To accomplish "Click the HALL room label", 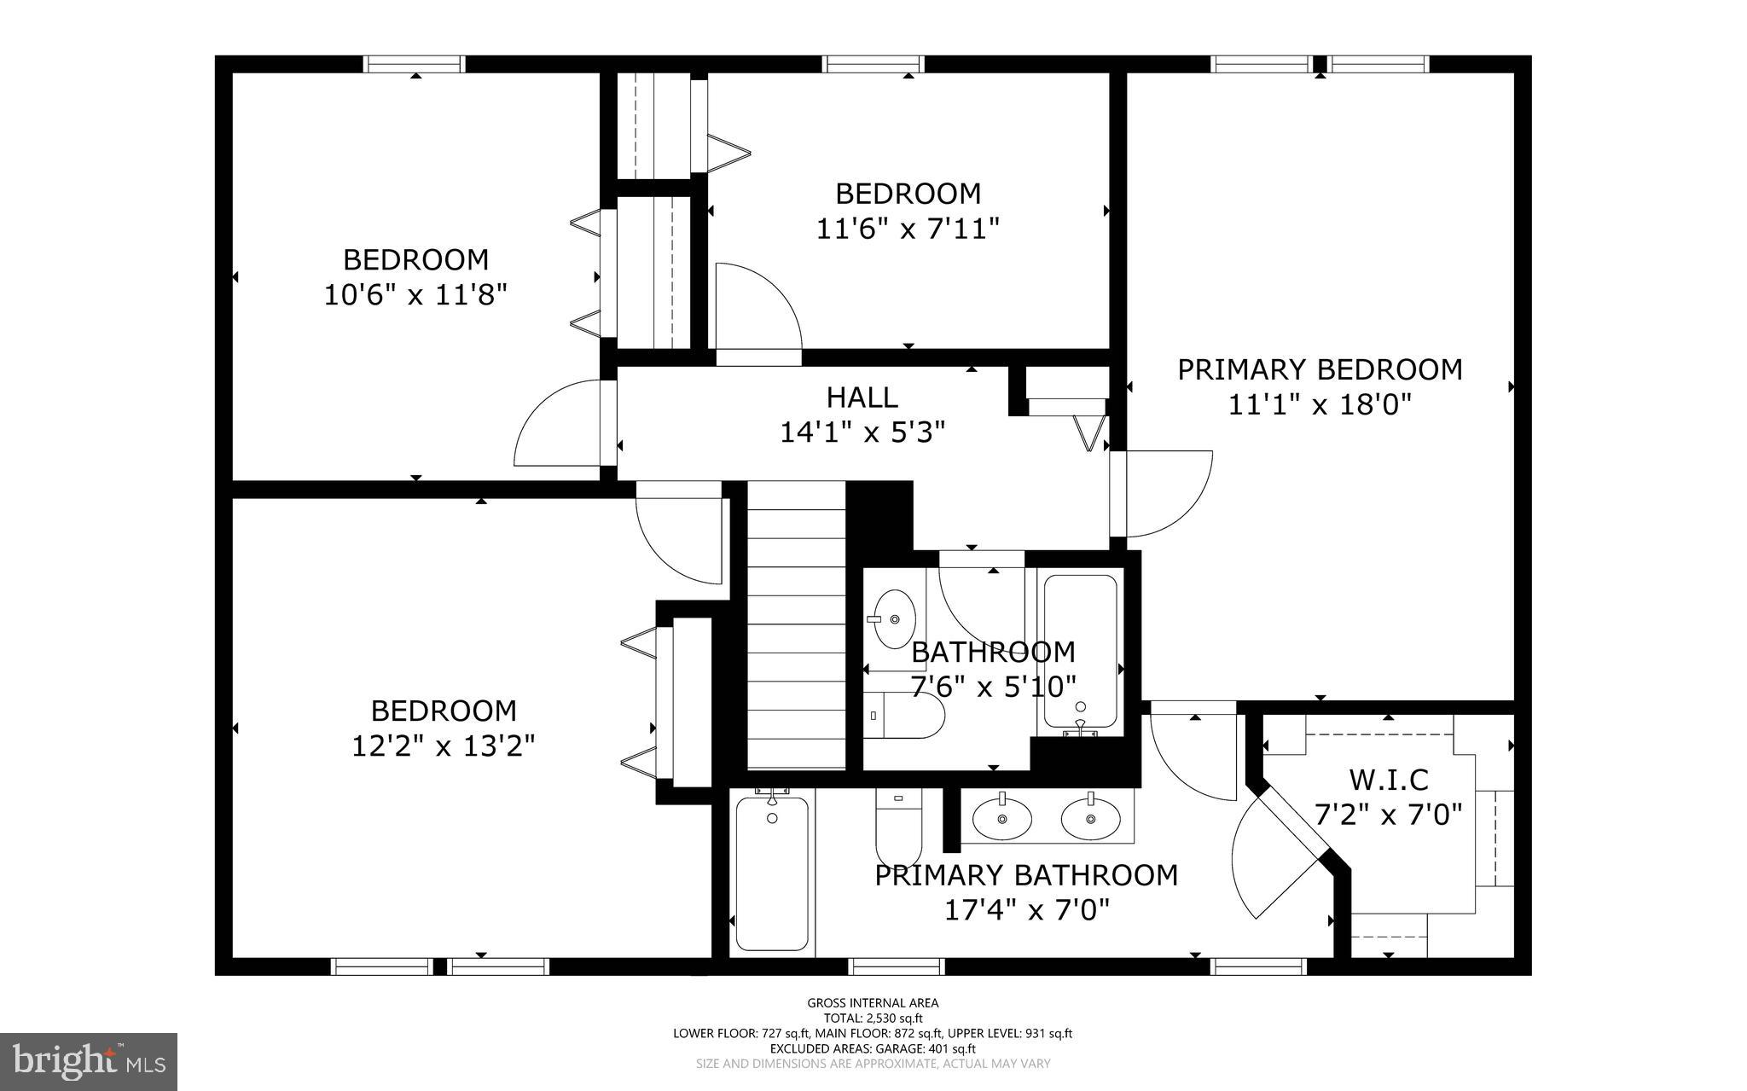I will click(x=862, y=398).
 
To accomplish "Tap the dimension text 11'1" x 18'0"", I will click(x=1320, y=404).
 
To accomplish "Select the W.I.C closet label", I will click(x=1388, y=780).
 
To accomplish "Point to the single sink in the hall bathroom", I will click(x=893, y=618).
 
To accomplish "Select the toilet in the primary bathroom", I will click(x=899, y=827).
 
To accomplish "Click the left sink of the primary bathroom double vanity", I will click(x=1002, y=818).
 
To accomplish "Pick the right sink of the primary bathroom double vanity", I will click(x=1090, y=818).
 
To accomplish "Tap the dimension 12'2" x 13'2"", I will click(x=444, y=747).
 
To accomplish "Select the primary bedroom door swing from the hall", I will click(x=1169, y=495).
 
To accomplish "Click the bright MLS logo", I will click(x=89, y=1061).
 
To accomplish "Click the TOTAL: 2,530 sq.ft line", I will click(x=873, y=1018).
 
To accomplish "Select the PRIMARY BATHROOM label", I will click(x=1026, y=876).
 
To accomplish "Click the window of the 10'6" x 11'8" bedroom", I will click(x=415, y=64).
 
